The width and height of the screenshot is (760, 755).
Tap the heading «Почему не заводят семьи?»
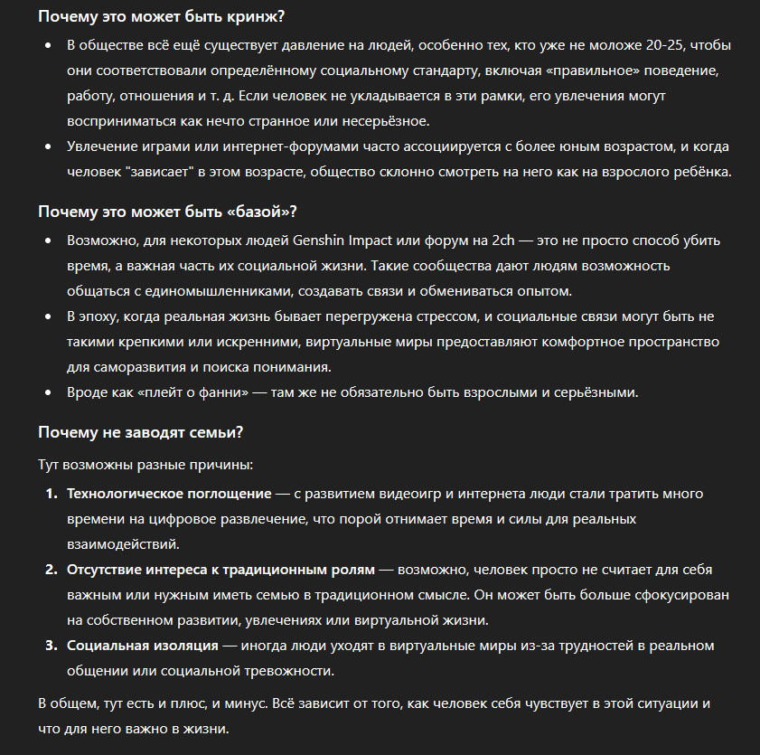point(140,432)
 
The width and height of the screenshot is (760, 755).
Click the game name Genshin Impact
point(347,242)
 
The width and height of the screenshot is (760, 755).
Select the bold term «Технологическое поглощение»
point(169,494)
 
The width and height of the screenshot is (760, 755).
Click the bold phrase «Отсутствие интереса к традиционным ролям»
point(220,570)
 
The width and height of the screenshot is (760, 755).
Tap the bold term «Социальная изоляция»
point(143,646)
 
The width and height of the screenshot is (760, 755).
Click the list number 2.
point(51,570)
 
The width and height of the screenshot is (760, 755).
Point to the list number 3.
point(51,646)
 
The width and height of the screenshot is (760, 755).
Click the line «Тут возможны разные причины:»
point(145,465)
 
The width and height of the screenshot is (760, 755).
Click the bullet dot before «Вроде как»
point(49,392)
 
